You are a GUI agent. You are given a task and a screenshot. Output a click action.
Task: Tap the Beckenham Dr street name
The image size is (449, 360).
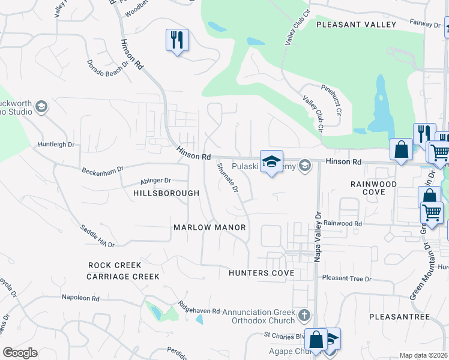pos(102,169)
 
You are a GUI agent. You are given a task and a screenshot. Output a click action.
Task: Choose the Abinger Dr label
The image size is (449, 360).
pos(155,180)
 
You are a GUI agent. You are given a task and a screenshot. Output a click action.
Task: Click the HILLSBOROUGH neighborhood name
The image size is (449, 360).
pos(166,194)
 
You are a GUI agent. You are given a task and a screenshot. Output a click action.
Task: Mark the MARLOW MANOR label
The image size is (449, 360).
pos(209,227)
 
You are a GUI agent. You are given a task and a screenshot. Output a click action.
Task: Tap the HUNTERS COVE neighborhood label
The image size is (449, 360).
pos(261,273)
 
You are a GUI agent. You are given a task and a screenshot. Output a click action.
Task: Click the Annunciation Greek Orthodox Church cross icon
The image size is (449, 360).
pos(305,314)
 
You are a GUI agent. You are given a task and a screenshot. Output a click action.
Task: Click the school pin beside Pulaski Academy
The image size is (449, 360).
pos(271,162)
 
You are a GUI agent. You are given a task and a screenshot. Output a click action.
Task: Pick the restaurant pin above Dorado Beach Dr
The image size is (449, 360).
pos(177,41)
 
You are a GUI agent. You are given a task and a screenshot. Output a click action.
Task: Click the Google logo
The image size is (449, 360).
pos(20,353)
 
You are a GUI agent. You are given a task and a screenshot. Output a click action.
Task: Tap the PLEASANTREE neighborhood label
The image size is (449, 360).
pos(400,316)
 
